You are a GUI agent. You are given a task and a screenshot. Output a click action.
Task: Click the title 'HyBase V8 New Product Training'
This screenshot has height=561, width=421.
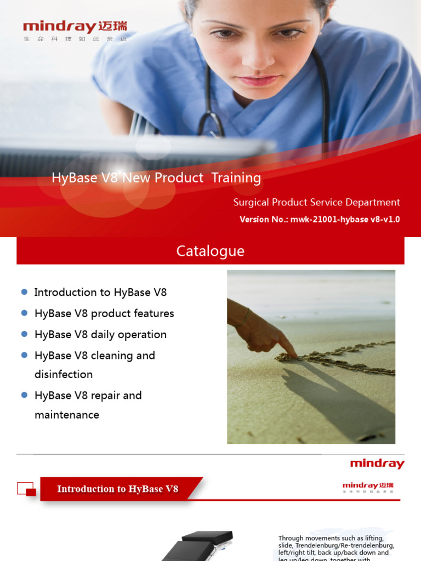[156, 178]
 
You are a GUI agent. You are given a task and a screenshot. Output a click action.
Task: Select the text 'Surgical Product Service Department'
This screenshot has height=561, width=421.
[316, 202]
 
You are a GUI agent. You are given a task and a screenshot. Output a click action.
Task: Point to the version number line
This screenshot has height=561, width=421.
[320, 220]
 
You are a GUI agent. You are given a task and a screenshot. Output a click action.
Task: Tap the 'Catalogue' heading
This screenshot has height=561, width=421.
[210, 251]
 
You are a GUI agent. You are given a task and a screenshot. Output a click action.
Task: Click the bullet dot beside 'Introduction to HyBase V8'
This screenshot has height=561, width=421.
[24, 292]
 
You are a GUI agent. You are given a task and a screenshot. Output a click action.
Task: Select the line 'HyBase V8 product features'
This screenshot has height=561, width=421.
[104, 313]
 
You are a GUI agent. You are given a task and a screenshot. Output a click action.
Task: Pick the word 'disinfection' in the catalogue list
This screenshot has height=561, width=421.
[64, 374]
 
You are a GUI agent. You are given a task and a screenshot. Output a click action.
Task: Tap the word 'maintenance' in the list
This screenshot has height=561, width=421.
[67, 415]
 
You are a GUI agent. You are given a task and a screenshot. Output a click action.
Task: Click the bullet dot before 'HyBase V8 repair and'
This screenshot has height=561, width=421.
[24, 394]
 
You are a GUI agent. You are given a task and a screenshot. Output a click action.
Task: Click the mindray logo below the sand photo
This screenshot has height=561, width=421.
[377, 464]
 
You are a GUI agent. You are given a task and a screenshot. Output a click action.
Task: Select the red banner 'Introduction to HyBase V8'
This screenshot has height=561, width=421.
[118, 489]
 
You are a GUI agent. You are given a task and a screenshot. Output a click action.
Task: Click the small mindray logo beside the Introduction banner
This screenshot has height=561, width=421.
[368, 486]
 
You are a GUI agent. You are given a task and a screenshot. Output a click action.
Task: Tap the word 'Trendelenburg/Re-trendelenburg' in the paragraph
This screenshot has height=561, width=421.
[336, 546]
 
